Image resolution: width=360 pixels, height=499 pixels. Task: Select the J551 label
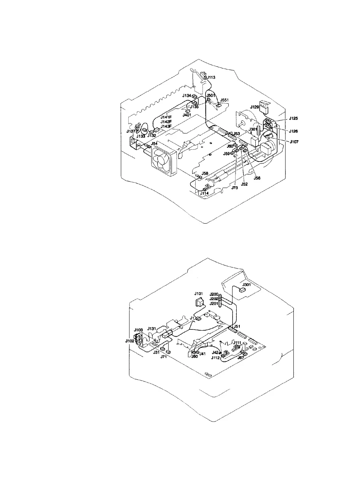point(225,100)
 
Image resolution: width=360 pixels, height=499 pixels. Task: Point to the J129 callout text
point(255,107)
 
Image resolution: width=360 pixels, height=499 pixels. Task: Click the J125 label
point(293,118)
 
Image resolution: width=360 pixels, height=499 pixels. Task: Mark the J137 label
point(131,131)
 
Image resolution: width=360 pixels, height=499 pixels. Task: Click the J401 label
point(187,115)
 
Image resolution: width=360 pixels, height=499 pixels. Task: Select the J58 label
point(205,173)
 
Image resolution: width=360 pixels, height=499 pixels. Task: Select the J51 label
point(237,326)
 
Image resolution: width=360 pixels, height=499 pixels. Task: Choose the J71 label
point(164,357)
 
